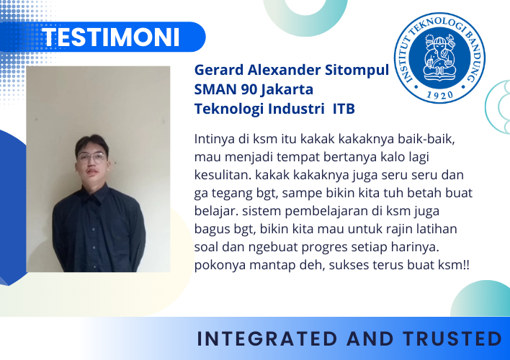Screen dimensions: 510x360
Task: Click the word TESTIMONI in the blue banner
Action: coord(111,37)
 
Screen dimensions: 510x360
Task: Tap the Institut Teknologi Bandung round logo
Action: coord(439,58)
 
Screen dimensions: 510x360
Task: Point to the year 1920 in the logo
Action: coord(439,94)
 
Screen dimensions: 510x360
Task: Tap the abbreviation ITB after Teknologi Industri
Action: coord(344,109)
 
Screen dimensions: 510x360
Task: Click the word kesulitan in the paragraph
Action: coord(223,175)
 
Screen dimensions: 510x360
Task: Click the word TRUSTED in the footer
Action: coord(452,338)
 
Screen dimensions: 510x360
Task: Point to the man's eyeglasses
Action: coord(91,158)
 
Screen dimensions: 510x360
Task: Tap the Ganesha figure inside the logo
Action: coord(439,56)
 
